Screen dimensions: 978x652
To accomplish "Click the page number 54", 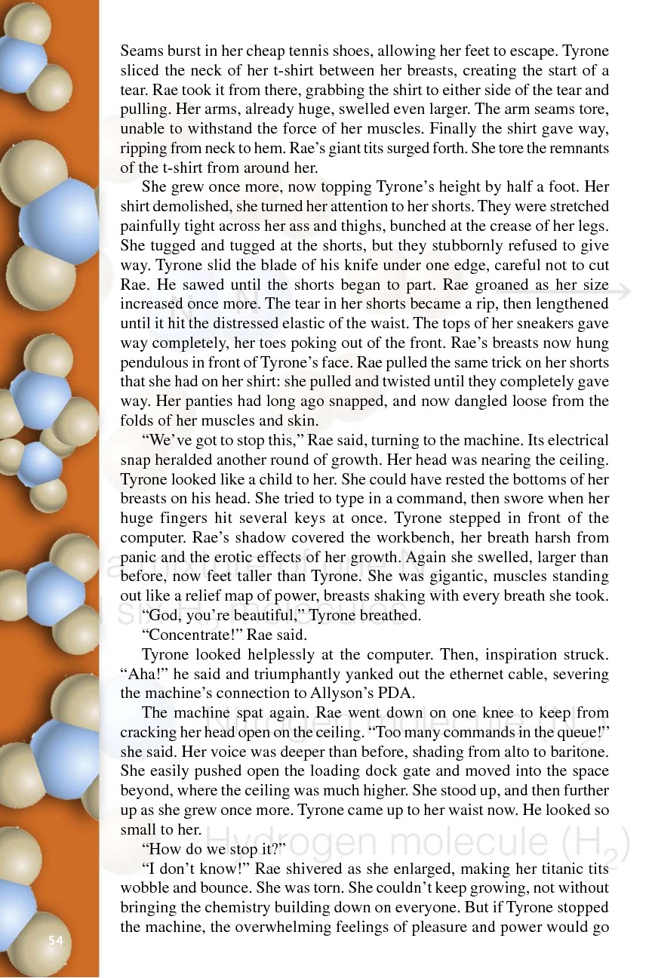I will tap(55, 940).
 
